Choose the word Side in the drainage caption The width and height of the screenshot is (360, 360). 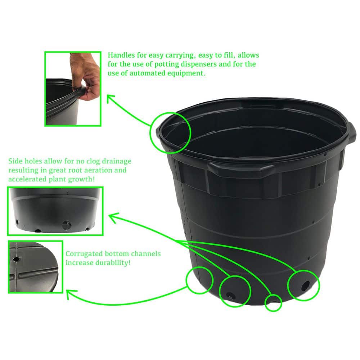point(15,161)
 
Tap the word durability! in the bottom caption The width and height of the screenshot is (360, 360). point(114,263)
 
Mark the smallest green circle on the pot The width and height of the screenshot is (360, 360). point(273,302)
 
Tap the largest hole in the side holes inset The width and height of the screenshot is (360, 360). point(67,226)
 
